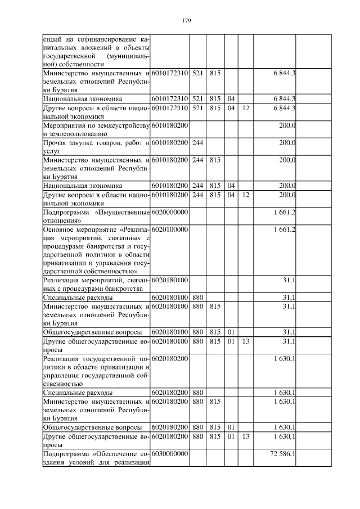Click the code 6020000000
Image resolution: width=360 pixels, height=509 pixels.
point(169,211)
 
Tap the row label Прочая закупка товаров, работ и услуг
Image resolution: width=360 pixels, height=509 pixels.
point(96,147)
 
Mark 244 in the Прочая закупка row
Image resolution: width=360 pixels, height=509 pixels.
point(197,143)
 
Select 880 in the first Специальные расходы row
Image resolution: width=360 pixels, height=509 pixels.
point(197,297)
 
